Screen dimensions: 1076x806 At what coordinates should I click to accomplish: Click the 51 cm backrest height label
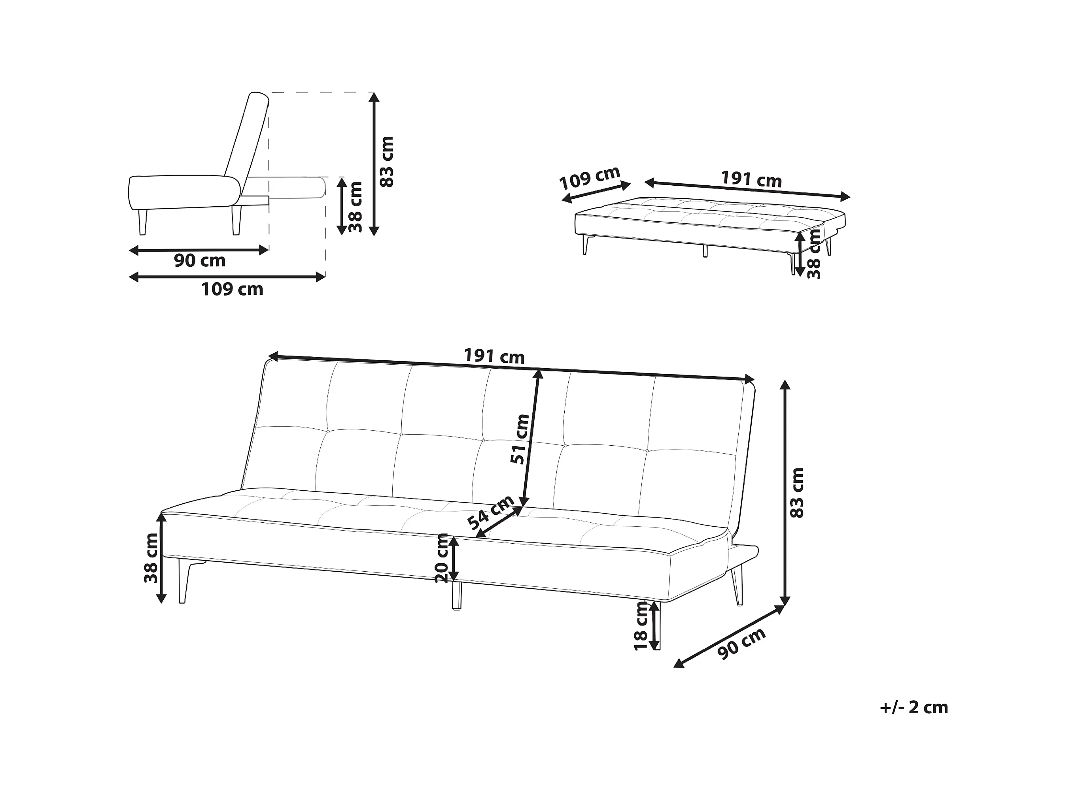point(520,439)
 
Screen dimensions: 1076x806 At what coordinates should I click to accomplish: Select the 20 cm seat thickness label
point(442,558)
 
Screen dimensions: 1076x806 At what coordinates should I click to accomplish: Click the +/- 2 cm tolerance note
point(913,707)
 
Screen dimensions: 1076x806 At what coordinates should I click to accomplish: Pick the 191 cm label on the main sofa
point(494,356)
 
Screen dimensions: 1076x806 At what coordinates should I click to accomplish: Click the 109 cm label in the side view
point(232,290)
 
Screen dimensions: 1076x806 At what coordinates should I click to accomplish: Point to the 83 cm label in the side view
point(387,162)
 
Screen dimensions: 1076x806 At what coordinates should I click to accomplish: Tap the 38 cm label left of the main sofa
point(151,558)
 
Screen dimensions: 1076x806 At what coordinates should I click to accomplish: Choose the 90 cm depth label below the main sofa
point(741,644)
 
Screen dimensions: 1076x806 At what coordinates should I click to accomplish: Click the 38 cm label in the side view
point(356,207)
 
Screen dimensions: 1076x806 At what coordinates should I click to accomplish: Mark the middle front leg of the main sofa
point(456,595)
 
